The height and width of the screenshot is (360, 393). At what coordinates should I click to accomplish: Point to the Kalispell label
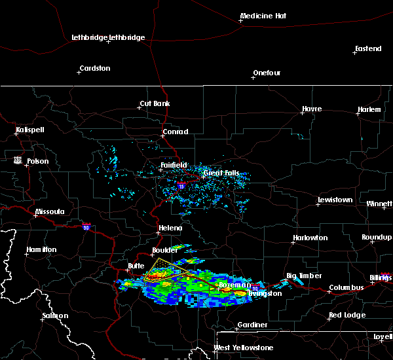coord(30,130)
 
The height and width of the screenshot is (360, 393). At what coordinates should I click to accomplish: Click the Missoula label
coord(50,211)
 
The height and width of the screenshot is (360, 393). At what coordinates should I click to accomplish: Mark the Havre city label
coord(311,109)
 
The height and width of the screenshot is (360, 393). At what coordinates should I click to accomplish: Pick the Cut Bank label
coord(155,103)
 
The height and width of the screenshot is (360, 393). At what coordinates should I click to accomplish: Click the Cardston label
coord(94,68)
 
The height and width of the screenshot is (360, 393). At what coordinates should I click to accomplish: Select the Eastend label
coord(367,49)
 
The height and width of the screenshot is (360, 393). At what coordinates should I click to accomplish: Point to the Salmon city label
coord(55,315)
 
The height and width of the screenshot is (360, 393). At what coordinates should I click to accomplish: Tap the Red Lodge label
coord(346,315)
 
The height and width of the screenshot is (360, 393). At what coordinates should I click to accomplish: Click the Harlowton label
coord(310,238)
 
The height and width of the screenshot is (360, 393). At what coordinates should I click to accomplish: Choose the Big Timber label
coord(305,276)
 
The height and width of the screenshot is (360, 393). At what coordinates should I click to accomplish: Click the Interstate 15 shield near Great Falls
coord(181,186)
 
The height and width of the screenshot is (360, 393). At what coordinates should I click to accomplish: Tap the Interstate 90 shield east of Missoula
coord(86,226)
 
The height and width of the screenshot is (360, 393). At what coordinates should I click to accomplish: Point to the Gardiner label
coord(252,325)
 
